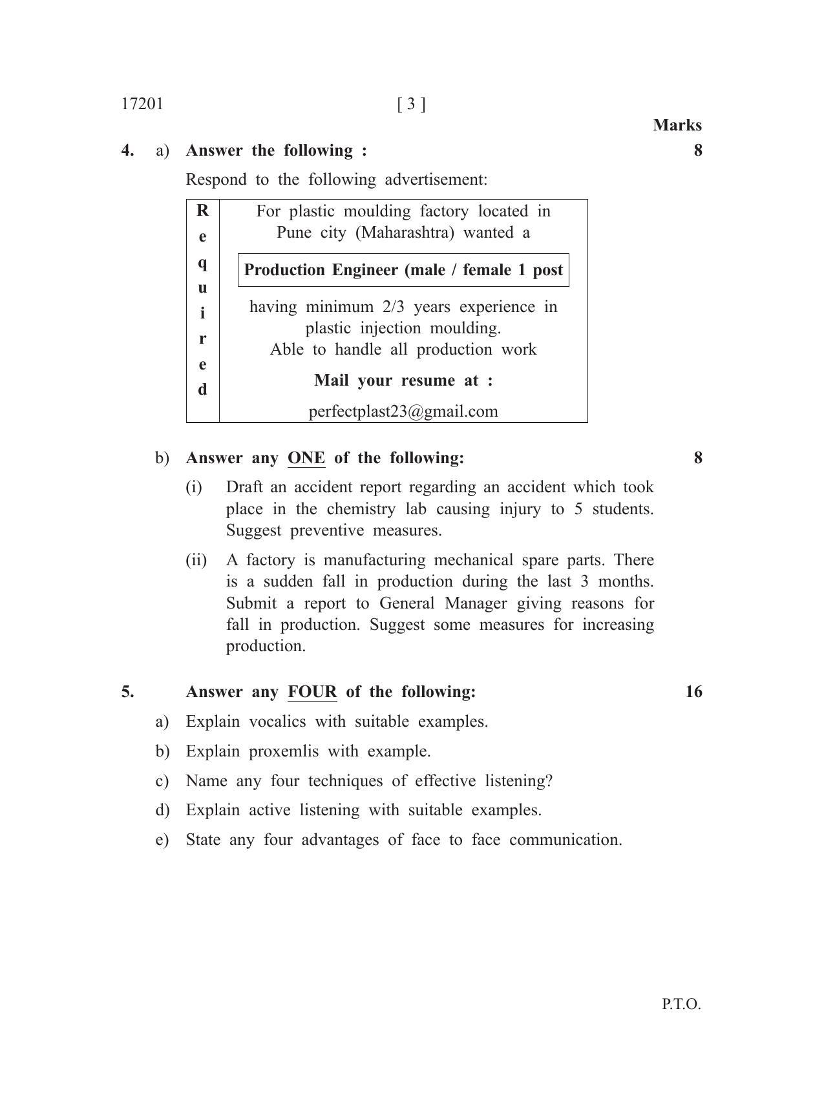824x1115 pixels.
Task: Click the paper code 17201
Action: pyautogui.click(x=142, y=104)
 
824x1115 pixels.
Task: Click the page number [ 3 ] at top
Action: pyautogui.click(x=411, y=104)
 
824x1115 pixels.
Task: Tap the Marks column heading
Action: pyautogui.click(x=677, y=125)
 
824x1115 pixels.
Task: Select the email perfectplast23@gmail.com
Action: pyautogui.click(x=403, y=412)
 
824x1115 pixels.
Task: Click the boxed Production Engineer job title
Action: pyautogui.click(x=403, y=270)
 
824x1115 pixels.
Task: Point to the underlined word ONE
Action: pyautogui.click(x=306, y=458)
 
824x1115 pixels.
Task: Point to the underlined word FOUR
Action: pyautogui.click(x=312, y=692)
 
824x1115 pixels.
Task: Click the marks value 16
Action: pyautogui.click(x=693, y=692)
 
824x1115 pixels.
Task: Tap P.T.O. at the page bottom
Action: pyautogui.click(x=681, y=1005)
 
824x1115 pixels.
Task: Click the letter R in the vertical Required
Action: pyautogui.click(x=202, y=211)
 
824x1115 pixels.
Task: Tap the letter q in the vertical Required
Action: pyautogui.click(x=202, y=262)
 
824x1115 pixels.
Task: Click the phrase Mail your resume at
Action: pyautogui.click(x=403, y=380)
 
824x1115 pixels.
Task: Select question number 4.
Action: pyautogui.click(x=128, y=151)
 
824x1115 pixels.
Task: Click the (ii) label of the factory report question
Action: pyautogui.click(x=196, y=560)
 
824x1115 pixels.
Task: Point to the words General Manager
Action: pyautogui.click(x=443, y=603)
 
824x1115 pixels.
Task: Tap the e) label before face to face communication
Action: pyautogui.click(x=162, y=840)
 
